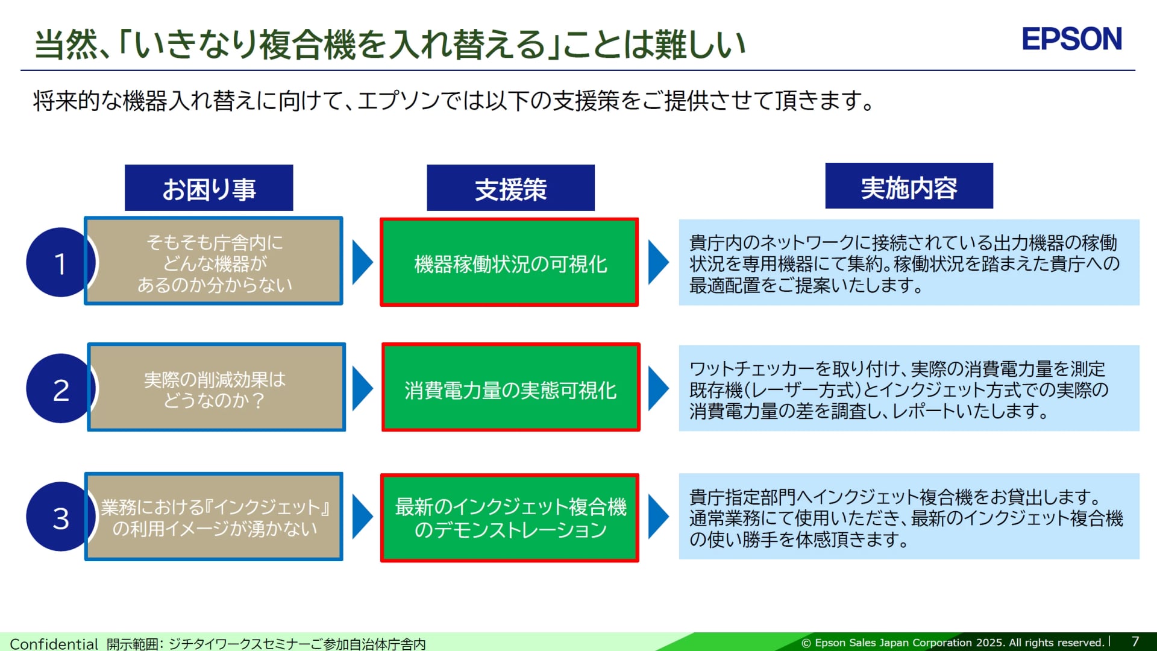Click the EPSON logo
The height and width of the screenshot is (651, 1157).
tap(1071, 39)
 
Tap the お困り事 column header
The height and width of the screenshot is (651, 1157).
tap(209, 188)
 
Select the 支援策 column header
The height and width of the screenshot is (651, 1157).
tap(510, 188)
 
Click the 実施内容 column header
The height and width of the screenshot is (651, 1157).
tap(909, 186)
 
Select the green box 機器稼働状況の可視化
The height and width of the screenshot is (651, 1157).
tap(509, 263)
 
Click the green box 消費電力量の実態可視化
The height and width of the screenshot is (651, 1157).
tap(510, 388)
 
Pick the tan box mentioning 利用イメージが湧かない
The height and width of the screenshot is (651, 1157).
tap(215, 517)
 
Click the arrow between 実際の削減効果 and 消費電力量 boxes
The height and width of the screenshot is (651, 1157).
tap(362, 389)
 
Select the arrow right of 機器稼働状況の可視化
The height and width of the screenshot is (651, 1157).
tap(657, 262)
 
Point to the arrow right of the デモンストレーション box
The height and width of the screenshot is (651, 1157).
tap(657, 517)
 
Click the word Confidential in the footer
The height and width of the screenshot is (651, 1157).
tap(54, 644)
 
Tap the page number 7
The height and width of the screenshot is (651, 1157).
tap(1135, 641)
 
